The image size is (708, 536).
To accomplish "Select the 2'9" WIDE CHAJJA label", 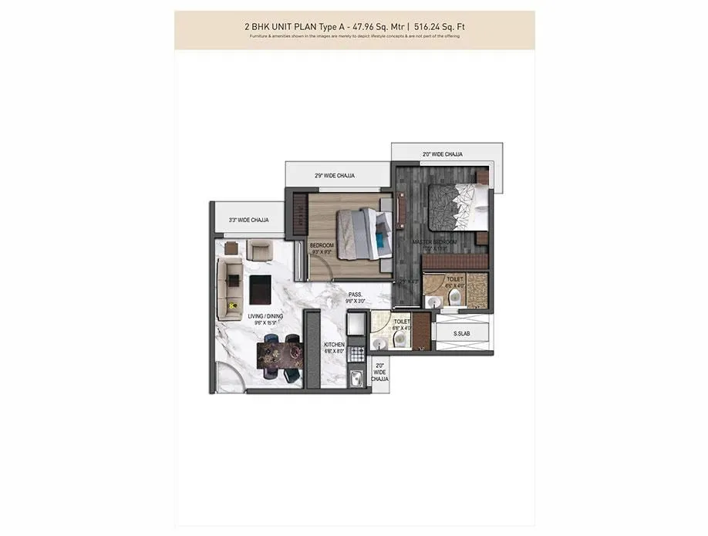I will coord(335,176).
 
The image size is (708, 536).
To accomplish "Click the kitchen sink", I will coord(357,379).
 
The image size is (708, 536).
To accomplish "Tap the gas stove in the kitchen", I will coord(357,355).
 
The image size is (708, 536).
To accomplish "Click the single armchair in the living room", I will coord(258,250).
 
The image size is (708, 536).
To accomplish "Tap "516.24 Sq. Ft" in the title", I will coord(439,28).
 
